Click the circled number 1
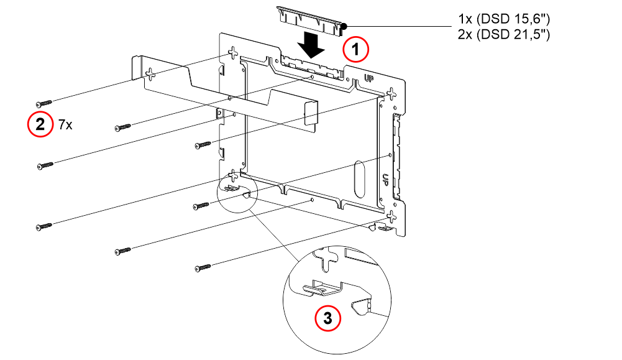click(x=356, y=49)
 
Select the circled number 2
click(x=40, y=124)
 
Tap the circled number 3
click(x=327, y=318)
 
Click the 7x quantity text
click(x=65, y=125)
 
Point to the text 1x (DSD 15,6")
click(x=504, y=18)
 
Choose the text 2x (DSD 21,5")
click(x=504, y=35)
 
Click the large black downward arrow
click(x=311, y=44)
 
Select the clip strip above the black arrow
click(x=310, y=21)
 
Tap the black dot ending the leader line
click(x=344, y=27)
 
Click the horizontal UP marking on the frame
click(x=369, y=78)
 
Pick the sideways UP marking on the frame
click(x=385, y=180)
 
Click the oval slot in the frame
click(x=359, y=179)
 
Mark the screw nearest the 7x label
click(x=43, y=104)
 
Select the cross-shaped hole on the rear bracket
click(x=150, y=73)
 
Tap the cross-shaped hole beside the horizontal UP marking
click(x=391, y=94)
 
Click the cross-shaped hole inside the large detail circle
click(x=327, y=259)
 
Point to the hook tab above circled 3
click(x=322, y=288)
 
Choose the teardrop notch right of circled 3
click(x=360, y=307)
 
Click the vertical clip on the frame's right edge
click(x=396, y=157)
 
